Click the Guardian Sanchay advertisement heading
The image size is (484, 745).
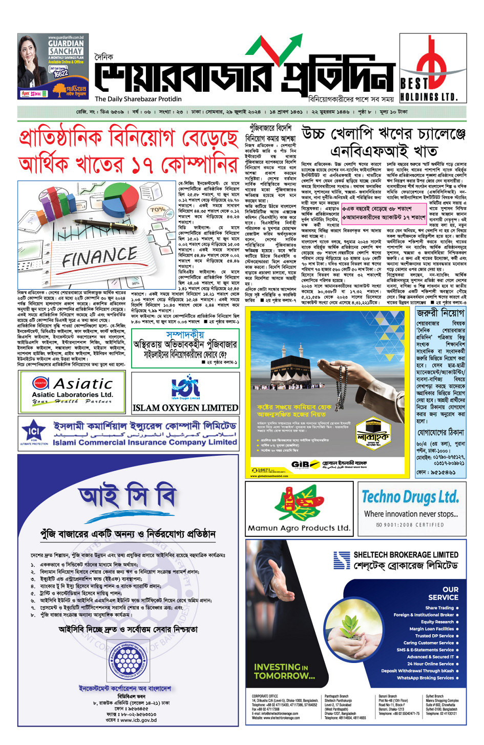tap(66, 48)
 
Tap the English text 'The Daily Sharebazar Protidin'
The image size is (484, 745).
tap(138, 99)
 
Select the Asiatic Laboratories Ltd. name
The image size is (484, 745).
tap(72, 394)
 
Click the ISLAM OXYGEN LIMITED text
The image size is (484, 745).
tap(185, 408)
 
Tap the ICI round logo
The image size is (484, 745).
tap(34, 431)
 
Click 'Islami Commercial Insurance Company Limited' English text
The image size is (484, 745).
tap(144, 442)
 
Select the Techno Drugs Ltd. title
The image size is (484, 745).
tap(410, 496)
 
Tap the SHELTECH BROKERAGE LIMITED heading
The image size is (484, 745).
tap(406, 555)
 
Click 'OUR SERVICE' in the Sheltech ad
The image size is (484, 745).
tap(444, 593)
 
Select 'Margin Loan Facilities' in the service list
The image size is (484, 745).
tap(431, 629)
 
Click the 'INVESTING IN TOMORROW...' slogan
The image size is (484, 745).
tap(284, 671)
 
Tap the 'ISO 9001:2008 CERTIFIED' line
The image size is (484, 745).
tap(410, 525)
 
